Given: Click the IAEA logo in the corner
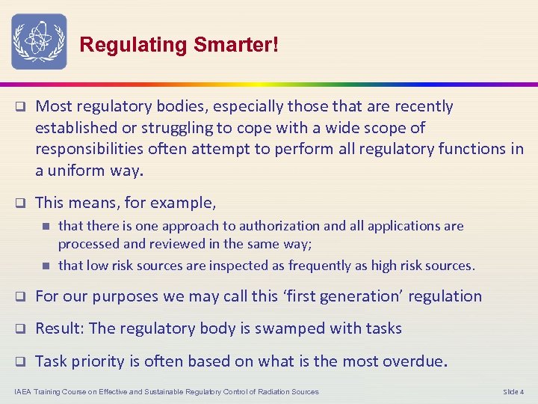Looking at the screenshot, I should (39, 41).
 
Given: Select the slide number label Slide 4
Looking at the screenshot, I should (513, 391).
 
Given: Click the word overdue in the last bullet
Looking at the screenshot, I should (413, 361).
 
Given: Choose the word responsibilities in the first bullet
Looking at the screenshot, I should (90, 149).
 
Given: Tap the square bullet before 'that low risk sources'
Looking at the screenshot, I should (46, 265).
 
